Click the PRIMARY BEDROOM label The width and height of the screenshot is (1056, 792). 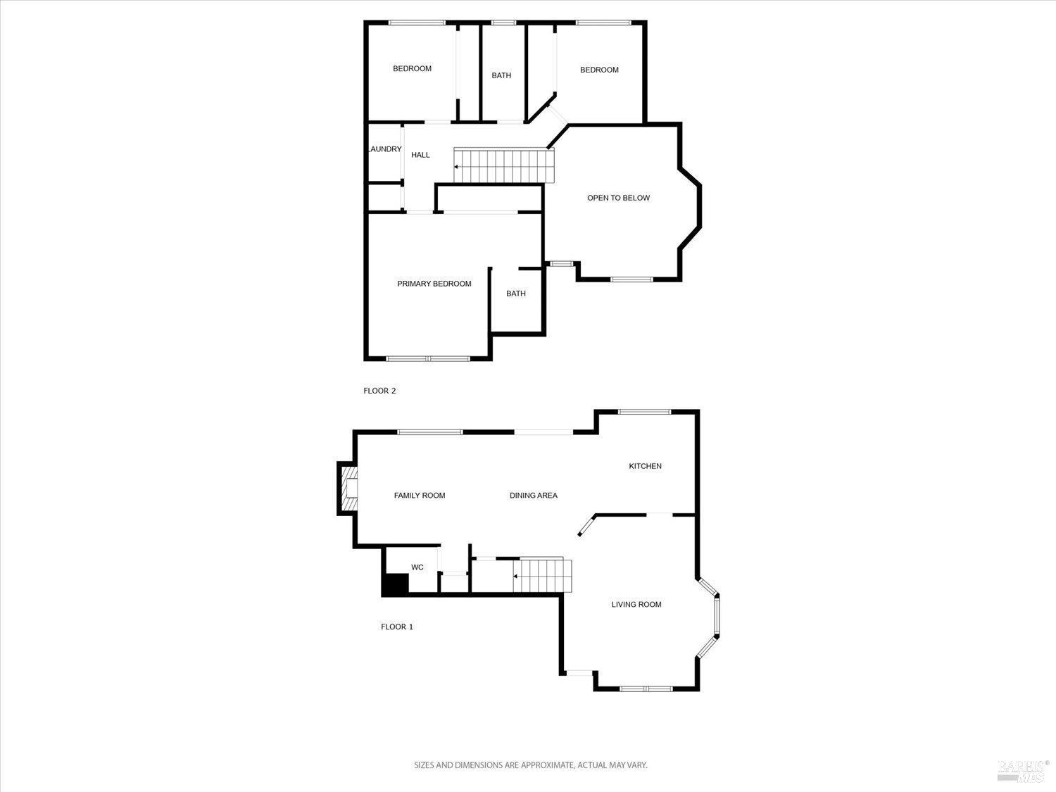[x=434, y=284]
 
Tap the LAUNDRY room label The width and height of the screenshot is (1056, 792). [x=385, y=149]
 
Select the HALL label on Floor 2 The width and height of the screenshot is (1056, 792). [x=420, y=155]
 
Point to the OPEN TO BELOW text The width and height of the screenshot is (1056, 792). [x=618, y=198]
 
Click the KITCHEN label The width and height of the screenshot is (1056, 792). [x=645, y=466]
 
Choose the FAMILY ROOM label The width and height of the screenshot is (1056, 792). [x=420, y=496]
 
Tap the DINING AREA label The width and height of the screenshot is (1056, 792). [x=533, y=496]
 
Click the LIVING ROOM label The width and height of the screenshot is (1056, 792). [x=636, y=604]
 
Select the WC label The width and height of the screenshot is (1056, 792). [x=417, y=567]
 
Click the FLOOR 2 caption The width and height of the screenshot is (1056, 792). [x=379, y=391]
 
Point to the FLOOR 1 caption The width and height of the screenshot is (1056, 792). [x=397, y=627]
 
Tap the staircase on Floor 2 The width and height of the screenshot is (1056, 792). [x=502, y=166]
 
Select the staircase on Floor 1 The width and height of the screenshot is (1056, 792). [x=541, y=576]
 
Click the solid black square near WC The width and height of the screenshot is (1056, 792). [x=395, y=585]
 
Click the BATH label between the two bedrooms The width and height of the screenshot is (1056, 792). [x=501, y=75]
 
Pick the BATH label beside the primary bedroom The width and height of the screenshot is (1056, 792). [x=516, y=294]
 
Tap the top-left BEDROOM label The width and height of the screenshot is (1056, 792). [x=412, y=68]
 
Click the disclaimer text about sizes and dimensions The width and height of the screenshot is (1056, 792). [x=530, y=765]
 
